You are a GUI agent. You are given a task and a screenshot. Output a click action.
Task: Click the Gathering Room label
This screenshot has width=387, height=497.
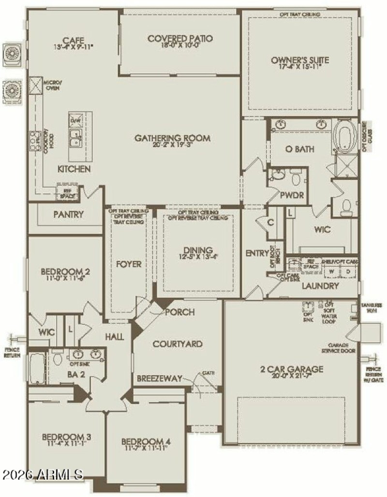coord(173,138)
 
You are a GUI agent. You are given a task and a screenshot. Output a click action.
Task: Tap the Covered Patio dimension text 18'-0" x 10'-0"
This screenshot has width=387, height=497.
coord(180,47)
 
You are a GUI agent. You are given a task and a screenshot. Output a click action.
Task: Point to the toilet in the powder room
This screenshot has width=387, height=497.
coord(297,178)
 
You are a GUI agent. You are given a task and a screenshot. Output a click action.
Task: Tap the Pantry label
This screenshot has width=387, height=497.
coord(69,214)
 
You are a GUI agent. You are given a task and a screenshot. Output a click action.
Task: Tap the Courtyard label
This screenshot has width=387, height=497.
coord(177,344)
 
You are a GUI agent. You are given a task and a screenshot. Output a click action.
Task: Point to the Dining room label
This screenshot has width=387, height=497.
coord(198,250)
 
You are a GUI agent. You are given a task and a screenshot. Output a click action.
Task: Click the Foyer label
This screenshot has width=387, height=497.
coord(129,264)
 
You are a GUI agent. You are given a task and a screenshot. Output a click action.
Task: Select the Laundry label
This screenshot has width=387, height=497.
coord(320,286)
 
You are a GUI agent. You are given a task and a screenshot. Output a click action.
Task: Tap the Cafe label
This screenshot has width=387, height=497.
coord(74,40)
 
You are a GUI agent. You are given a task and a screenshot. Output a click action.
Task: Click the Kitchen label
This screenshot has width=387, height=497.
coord(74,169)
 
